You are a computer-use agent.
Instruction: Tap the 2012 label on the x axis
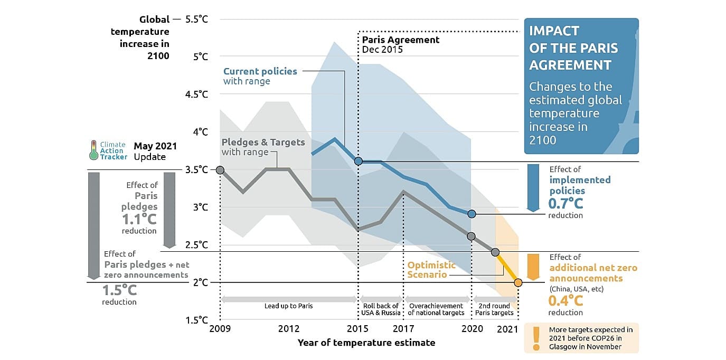289,329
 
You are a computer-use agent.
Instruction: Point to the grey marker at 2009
220,169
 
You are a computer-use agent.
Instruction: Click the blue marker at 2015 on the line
359,161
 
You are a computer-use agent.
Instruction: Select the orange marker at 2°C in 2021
518,282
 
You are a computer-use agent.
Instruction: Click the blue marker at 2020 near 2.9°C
472,214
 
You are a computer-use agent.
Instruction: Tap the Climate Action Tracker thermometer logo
93,150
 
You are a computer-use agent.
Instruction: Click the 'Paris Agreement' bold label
401,40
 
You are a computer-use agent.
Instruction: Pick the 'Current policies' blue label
260,71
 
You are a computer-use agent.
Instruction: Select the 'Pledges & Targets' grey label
263,142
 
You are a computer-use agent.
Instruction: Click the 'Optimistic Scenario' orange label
431,270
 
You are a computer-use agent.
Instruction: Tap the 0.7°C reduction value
565,203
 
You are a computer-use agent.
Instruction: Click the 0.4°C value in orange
565,301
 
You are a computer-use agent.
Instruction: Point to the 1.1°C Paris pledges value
139,220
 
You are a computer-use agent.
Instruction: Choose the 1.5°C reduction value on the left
119,290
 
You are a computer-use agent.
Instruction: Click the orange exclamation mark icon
536,338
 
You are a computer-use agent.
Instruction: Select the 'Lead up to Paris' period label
289,306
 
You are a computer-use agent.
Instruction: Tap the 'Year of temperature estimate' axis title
366,343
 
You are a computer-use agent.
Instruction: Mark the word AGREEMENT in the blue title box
570,65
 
